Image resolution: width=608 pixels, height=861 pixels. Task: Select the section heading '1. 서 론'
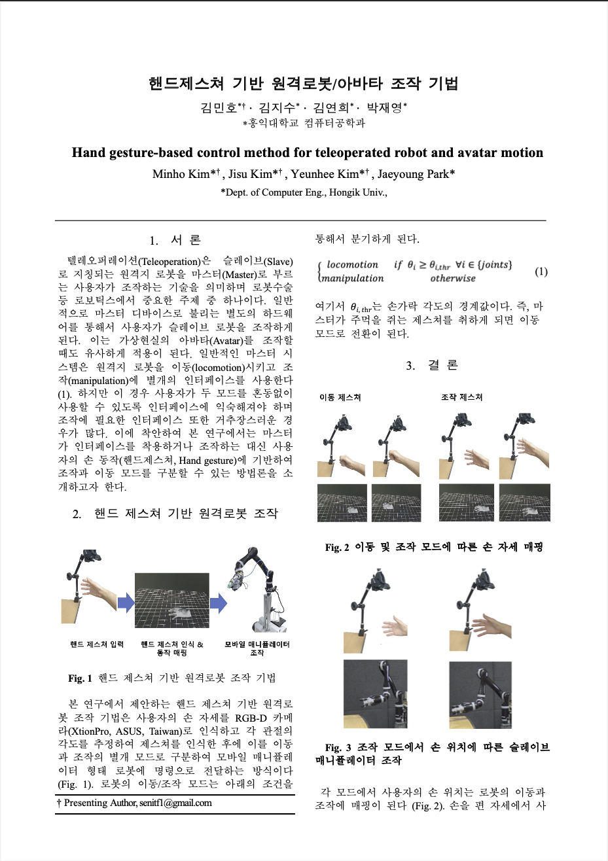[175, 240]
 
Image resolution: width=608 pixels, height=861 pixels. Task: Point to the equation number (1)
[541, 271]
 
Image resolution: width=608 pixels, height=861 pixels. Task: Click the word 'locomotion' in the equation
[352, 265]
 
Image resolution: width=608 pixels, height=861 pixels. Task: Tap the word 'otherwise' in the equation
[453, 278]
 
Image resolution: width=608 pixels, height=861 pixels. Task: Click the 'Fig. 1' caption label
[80, 678]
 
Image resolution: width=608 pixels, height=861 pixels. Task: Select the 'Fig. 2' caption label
[337, 548]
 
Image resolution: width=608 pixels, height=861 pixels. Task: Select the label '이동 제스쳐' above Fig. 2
[340, 397]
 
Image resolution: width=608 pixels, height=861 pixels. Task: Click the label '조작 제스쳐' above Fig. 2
[461, 397]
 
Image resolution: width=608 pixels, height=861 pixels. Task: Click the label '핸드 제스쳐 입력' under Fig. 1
[97, 644]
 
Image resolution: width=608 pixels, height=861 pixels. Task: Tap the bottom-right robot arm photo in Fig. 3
[480, 694]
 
